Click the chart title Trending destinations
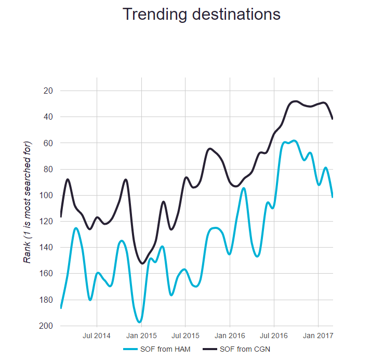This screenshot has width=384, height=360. (x=202, y=15)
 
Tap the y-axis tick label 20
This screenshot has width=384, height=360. (x=49, y=91)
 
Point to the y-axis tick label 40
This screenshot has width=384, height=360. (x=49, y=117)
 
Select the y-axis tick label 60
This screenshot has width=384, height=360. (x=49, y=143)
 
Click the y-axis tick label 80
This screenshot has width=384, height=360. (x=49, y=169)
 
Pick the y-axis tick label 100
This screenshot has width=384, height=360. (x=48, y=195)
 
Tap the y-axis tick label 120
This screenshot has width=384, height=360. (x=48, y=221)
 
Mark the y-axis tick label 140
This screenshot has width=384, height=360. (x=48, y=247)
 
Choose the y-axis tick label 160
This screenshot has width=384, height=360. (x=48, y=274)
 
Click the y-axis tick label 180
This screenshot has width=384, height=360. (x=48, y=300)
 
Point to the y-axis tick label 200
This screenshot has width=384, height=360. (x=48, y=326)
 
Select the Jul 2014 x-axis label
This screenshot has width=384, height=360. (x=97, y=336)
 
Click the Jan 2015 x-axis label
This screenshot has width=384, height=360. (x=141, y=336)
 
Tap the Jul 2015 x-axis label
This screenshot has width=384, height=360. (x=185, y=336)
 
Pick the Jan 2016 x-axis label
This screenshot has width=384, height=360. (x=230, y=336)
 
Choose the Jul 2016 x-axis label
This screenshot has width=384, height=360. (x=274, y=336)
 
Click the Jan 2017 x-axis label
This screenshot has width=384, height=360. (x=319, y=336)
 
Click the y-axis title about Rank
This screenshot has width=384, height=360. (x=28, y=202)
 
